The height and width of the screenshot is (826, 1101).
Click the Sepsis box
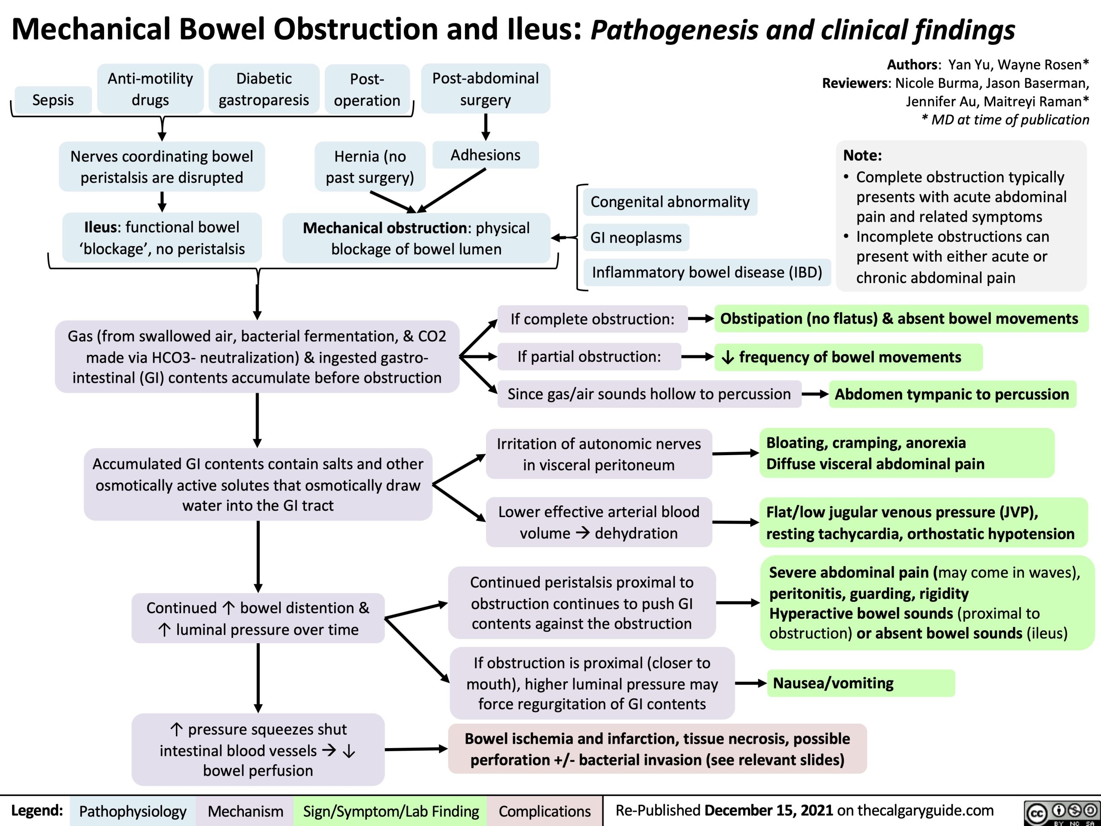pos(53,99)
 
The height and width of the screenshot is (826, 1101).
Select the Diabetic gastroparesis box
pos(264,89)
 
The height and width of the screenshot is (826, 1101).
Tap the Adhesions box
pos(485,155)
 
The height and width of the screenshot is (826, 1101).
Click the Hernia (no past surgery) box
pos(370,167)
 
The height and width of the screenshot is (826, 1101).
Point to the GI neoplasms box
pos(636,237)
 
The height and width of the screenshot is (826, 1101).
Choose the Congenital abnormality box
pos(670,202)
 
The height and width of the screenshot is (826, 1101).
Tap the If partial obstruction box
pos(589,357)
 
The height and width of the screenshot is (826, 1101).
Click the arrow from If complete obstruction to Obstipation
pos(701,319)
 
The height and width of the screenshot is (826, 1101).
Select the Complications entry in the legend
pos(544,811)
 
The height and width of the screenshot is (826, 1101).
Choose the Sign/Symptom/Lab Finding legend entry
pos(391,811)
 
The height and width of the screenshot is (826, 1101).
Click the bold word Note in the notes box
pos(862,155)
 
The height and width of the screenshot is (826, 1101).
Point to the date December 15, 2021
pos(769,810)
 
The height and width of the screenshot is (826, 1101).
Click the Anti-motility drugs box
pos(151,89)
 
